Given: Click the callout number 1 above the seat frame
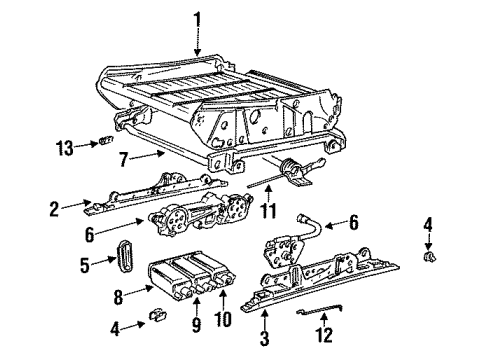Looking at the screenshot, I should click(x=198, y=17).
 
